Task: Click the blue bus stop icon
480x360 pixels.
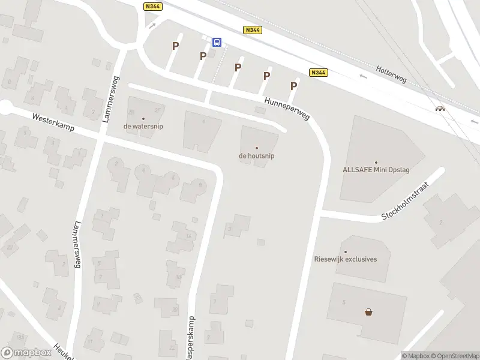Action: (x=217, y=42)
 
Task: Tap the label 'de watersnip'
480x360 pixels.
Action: (x=143, y=127)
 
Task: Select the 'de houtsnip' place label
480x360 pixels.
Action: (x=257, y=156)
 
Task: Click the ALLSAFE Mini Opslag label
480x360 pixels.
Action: (x=375, y=170)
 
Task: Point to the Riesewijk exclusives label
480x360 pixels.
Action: (x=346, y=259)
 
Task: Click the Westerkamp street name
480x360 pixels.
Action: (x=53, y=123)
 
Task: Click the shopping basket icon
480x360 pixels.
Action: (x=368, y=311)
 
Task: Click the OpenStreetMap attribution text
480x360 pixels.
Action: (x=454, y=356)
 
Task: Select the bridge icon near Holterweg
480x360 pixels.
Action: (x=440, y=109)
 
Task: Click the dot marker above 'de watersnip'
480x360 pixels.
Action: (x=143, y=119)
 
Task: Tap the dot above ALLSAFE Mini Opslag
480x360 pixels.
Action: (x=376, y=162)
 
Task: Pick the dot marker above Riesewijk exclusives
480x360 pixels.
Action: (x=345, y=252)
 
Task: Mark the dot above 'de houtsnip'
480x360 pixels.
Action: (x=257, y=148)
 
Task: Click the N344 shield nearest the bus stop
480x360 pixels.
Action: (x=252, y=29)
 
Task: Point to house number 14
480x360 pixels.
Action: (x=189, y=236)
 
